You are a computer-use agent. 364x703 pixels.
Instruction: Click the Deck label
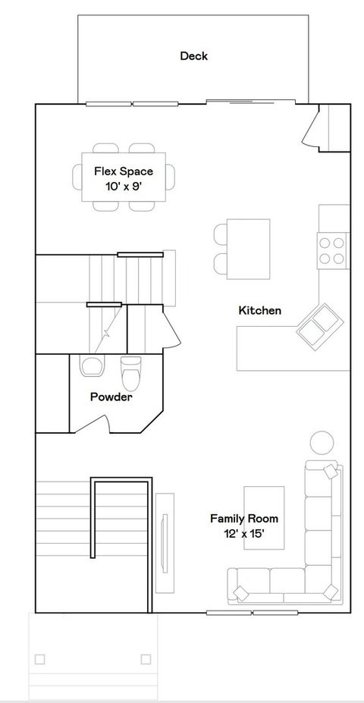(x=193, y=55)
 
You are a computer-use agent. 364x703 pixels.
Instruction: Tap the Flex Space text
(x=124, y=171)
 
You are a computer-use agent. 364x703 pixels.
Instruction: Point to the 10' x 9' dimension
(x=124, y=186)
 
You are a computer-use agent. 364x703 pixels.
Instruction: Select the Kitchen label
(x=260, y=310)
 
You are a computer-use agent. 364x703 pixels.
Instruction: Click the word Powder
(x=111, y=397)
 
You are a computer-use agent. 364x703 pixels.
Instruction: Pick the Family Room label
(x=243, y=519)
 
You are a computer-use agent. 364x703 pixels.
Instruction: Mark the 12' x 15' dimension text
(x=243, y=534)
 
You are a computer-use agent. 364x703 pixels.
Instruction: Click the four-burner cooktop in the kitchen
(x=331, y=251)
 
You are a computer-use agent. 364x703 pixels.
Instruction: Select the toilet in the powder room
(x=131, y=372)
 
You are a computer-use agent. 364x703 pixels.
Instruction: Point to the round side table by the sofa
(x=322, y=443)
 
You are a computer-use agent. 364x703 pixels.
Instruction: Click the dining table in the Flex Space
(x=124, y=177)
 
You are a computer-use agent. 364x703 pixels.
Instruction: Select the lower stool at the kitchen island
(x=221, y=263)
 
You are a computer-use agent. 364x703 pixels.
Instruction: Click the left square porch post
(x=39, y=659)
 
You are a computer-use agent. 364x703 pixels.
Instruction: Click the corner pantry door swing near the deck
(x=312, y=129)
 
